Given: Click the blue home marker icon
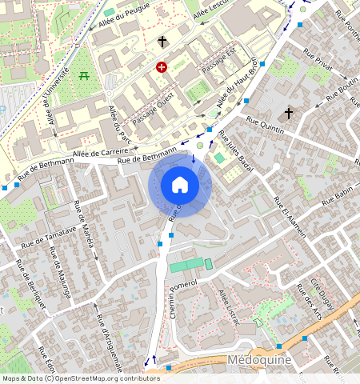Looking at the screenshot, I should (180, 185).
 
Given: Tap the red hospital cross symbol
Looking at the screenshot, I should (162, 68).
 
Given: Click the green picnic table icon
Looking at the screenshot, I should (85, 76).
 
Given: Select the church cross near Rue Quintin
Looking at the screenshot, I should (289, 113).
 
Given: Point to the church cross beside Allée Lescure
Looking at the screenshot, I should (162, 41).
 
